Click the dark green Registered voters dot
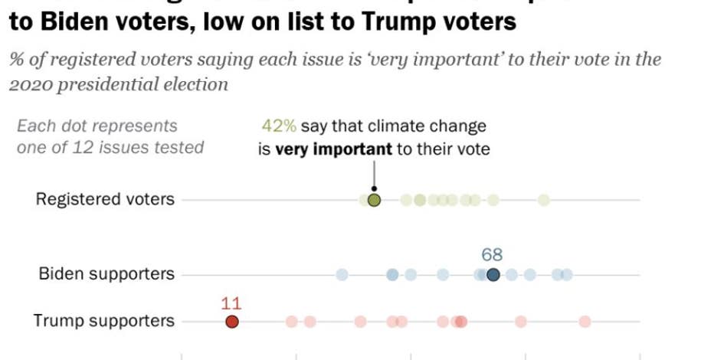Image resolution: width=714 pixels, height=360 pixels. pyautogui.click(x=374, y=201)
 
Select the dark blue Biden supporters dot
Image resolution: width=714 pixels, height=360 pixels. pyautogui.click(x=493, y=275)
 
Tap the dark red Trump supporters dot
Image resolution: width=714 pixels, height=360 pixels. pyautogui.click(x=232, y=322)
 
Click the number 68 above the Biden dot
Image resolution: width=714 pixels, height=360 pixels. pyautogui.click(x=492, y=255)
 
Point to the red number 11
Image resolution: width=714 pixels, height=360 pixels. pyautogui.click(x=231, y=303)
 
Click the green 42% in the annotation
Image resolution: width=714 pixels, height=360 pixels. pyautogui.click(x=279, y=126)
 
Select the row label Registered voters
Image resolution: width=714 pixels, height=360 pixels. pyautogui.click(x=105, y=200)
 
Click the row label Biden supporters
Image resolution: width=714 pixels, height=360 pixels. pyautogui.click(x=106, y=274)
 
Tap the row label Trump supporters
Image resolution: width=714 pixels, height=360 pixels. pyautogui.click(x=103, y=321)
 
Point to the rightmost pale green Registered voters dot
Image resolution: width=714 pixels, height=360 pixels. pyautogui.click(x=543, y=201)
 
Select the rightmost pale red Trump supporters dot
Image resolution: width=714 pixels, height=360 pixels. pyautogui.click(x=585, y=322)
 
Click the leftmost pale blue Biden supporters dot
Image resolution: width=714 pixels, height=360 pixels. pyautogui.click(x=342, y=275)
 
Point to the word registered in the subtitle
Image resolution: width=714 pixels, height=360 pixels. pyautogui.click(x=85, y=60)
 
